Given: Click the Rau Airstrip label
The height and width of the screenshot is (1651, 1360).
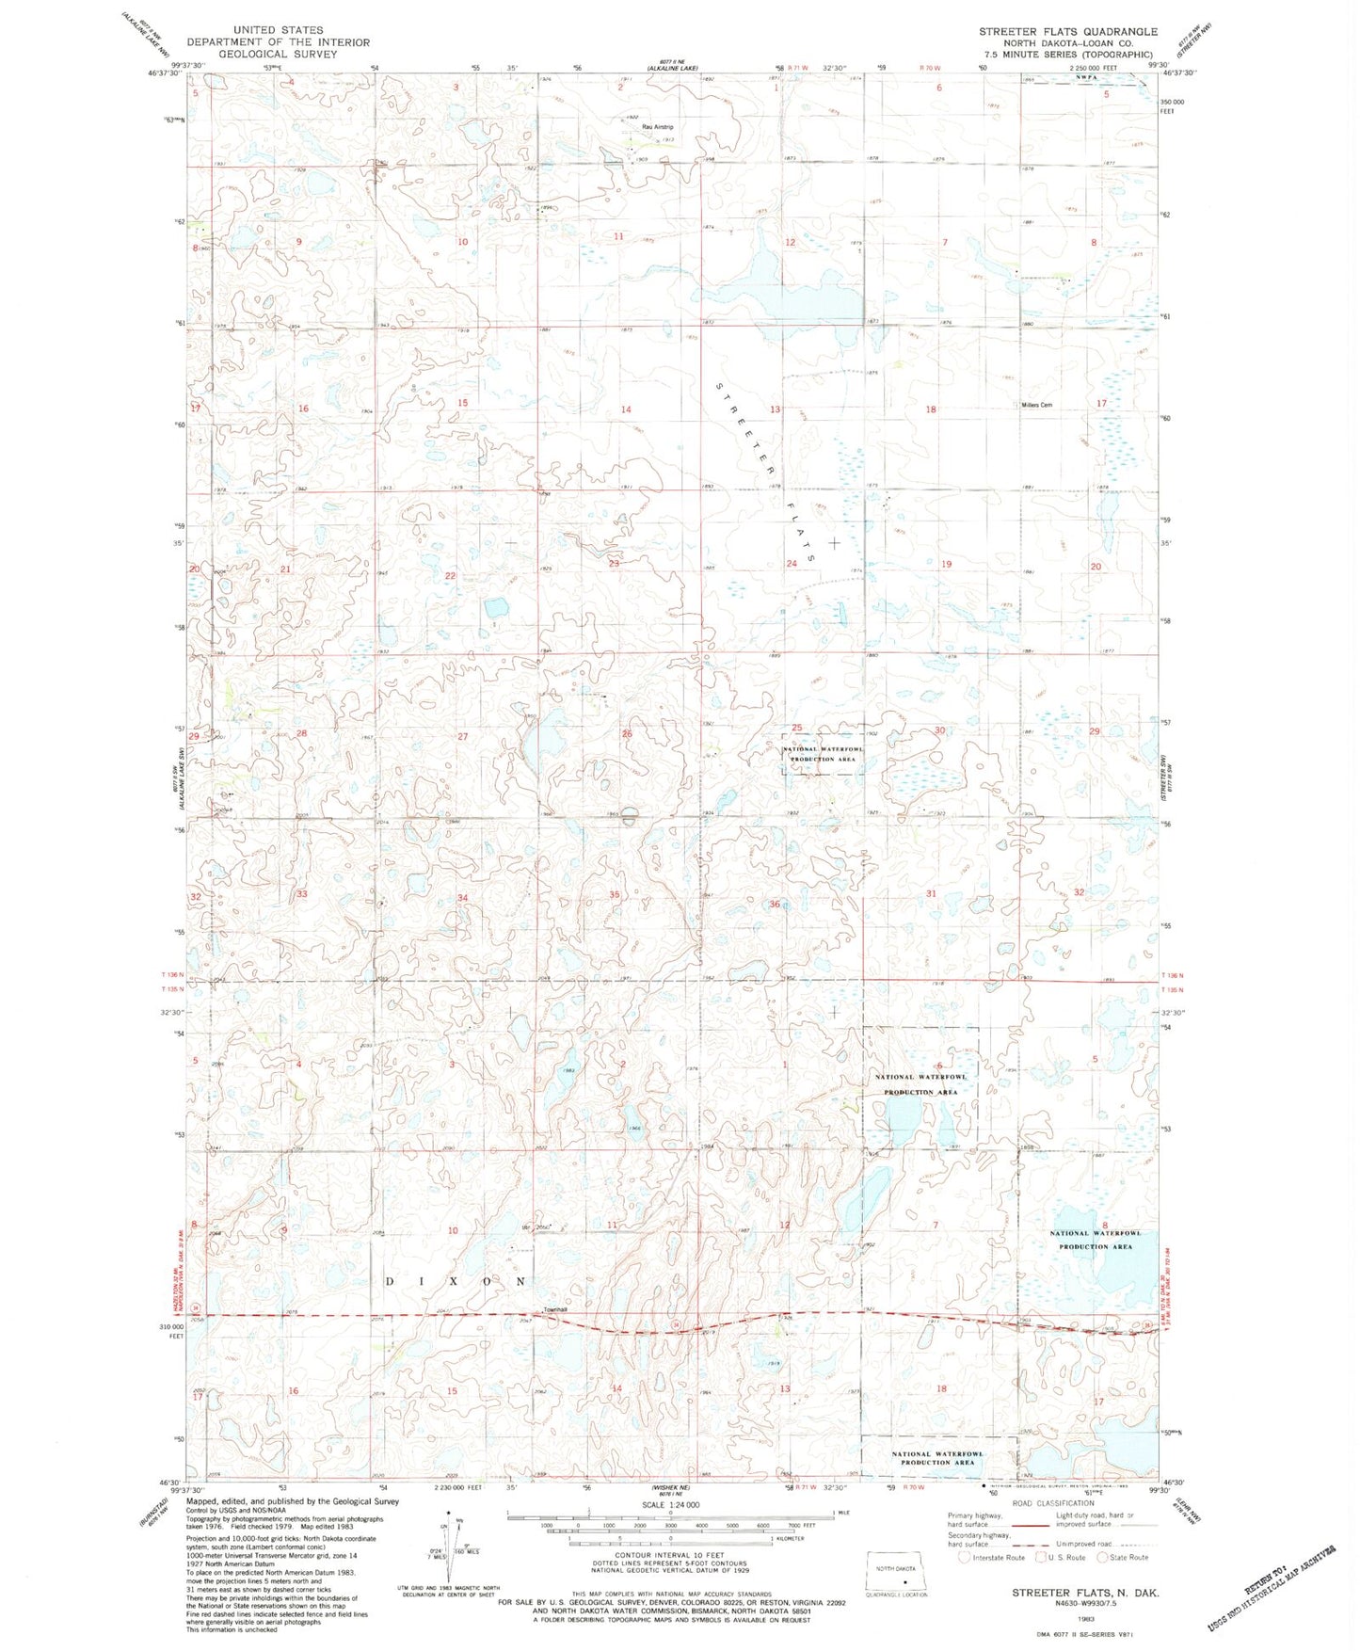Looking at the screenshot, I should coord(658,127).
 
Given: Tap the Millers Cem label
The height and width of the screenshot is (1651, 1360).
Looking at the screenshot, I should coord(1036,405).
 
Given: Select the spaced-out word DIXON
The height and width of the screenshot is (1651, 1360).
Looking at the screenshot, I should coord(456,1282).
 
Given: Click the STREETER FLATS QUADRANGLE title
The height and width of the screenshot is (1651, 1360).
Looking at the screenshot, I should coord(1067,32).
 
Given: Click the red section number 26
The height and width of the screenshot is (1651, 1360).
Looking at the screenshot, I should coord(626,733).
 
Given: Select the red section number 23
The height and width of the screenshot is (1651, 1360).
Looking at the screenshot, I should coord(614,563).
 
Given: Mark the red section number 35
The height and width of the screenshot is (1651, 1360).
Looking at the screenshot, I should coord(614,894).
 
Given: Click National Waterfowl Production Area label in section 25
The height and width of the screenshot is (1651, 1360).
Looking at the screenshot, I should coord(823,753).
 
